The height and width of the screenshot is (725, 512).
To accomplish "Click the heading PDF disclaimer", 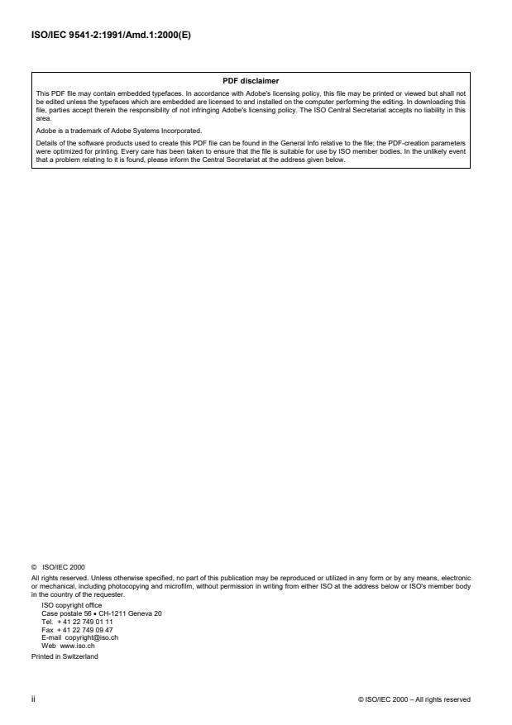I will [x=251, y=80].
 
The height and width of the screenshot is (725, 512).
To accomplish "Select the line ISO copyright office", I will [x=72, y=605].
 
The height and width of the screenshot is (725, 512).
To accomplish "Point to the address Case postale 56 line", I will [x=101, y=613].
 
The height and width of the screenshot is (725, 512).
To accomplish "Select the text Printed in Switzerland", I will [x=65, y=651].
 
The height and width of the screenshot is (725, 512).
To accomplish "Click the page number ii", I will [x=34, y=699].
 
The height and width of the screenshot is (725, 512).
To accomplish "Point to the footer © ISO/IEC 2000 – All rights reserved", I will [x=414, y=699].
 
